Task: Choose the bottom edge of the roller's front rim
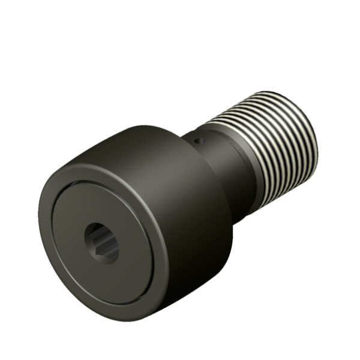108,303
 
